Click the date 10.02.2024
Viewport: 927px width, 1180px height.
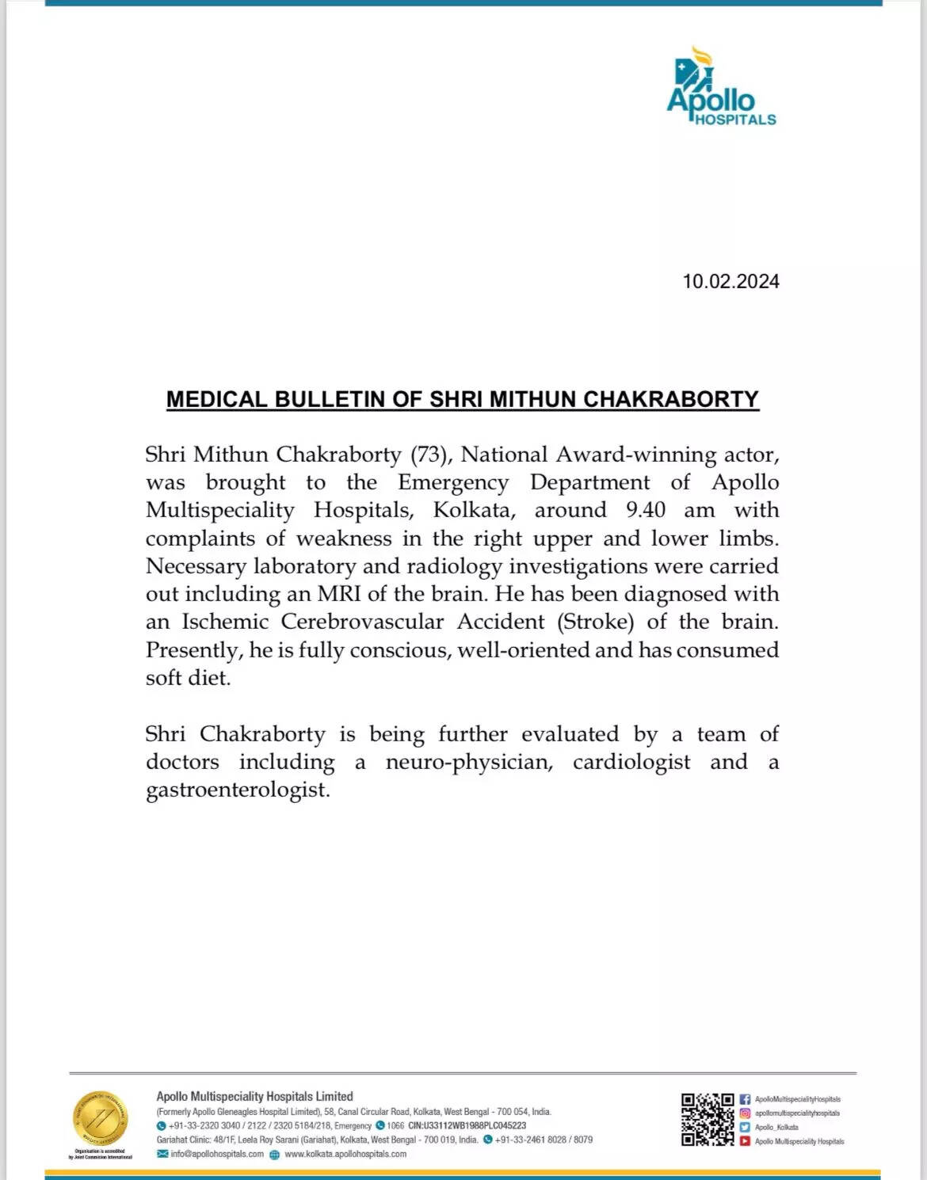pos(731,282)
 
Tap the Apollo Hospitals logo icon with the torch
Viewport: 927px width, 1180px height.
pos(694,72)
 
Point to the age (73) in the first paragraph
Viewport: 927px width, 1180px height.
pos(429,455)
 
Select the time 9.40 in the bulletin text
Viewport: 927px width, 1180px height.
pos(646,510)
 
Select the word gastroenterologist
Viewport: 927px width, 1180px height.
pos(238,790)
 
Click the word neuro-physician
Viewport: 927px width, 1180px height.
pos(469,762)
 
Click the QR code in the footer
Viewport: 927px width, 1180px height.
pos(708,1119)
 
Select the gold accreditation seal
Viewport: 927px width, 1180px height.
pos(100,1119)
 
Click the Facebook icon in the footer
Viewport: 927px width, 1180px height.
pos(745,1099)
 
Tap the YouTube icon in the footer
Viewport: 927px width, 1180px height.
pos(745,1141)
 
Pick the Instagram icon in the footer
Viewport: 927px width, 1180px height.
pos(745,1113)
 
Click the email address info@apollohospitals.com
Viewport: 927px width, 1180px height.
pos(216,1154)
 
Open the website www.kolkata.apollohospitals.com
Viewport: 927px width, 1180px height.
pos(345,1154)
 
